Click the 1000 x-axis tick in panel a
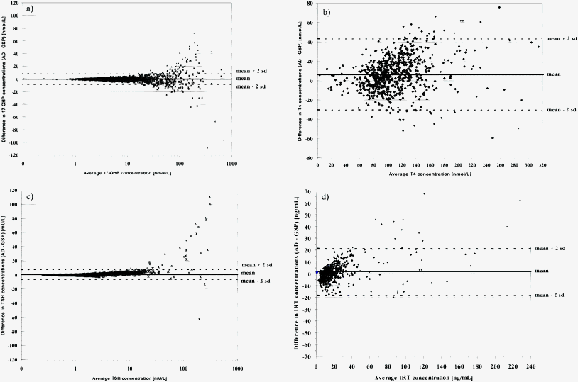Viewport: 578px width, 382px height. pyautogui.click(x=231, y=164)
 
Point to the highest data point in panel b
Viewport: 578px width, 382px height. pyautogui.click(x=499, y=7)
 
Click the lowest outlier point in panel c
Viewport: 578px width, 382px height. pyautogui.click(x=200, y=319)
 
